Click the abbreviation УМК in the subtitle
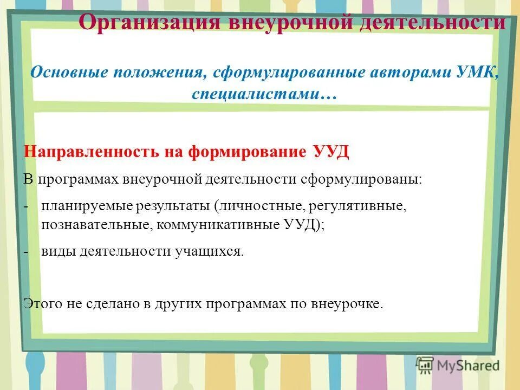(479, 72)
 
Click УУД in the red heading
(331, 152)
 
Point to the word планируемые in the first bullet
(84, 206)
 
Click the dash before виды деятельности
(27, 252)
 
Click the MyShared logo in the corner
(458, 365)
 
